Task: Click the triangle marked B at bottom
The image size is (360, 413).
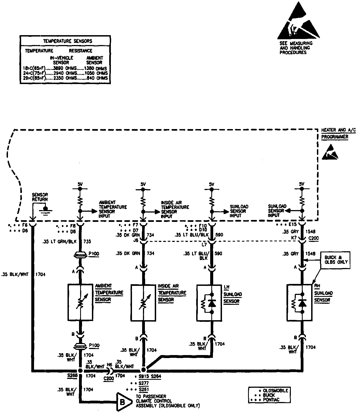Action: click(123, 403)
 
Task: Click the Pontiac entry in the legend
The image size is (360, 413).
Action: click(271, 400)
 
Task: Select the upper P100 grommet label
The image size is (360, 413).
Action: click(94, 254)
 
